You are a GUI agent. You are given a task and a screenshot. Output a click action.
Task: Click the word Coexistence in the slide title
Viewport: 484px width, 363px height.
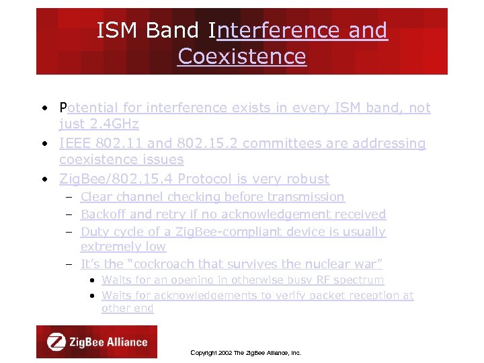pos(242,56)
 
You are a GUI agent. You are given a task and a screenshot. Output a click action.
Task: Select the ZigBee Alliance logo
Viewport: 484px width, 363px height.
pos(97,341)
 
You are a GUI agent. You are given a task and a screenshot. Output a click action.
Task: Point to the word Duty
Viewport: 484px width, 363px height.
pos(93,232)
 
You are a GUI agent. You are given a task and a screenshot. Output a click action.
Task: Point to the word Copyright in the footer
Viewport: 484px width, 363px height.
pos(202,352)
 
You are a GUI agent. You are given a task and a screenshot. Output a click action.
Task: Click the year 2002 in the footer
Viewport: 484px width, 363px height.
pos(223,352)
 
